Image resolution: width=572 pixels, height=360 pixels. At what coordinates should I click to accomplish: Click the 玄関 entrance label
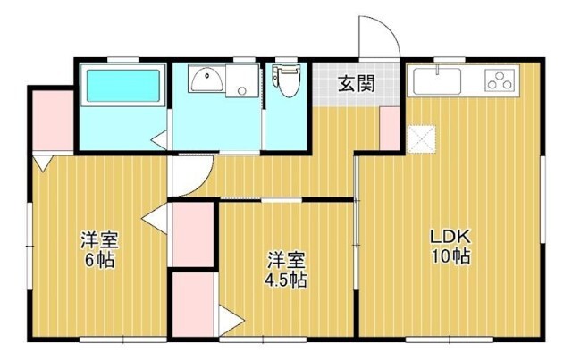[x=357, y=84]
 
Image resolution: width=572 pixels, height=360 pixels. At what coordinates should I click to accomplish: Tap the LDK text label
[x=450, y=237]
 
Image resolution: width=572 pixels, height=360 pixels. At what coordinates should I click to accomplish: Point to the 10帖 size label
[x=450, y=256]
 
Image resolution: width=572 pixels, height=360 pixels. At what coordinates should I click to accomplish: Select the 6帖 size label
[x=100, y=260]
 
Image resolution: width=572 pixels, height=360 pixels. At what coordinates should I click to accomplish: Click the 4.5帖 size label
[x=286, y=280]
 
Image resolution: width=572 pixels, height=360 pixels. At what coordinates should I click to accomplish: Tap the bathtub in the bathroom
[x=123, y=86]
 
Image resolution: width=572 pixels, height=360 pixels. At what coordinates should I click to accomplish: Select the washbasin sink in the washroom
[x=206, y=80]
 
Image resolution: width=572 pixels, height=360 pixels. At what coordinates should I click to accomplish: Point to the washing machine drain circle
[x=241, y=90]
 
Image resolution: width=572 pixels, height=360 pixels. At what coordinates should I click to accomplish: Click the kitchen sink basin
[x=437, y=80]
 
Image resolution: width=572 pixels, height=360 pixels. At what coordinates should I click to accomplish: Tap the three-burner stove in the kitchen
[x=500, y=80]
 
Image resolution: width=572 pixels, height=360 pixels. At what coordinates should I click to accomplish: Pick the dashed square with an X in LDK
[x=421, y=139]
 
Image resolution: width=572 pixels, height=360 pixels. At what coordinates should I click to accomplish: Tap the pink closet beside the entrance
[x=390, y=128]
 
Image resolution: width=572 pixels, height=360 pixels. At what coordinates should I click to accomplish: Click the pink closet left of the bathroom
[x=54, y=120]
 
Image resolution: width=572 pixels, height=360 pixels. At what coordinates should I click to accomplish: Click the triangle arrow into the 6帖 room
[x=155, y=219]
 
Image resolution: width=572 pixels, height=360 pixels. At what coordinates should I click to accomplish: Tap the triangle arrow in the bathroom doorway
[x=159, y=139]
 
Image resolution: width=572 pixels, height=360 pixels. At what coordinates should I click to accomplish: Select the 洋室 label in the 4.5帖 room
[x=286, y=261]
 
